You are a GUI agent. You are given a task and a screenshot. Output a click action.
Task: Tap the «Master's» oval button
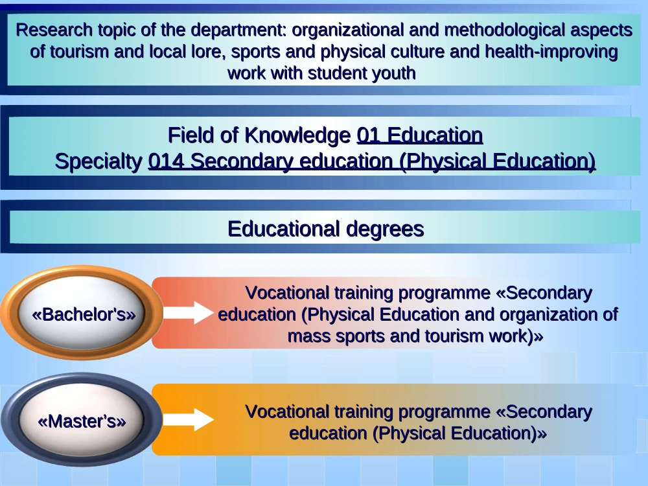click(x=82, y=420)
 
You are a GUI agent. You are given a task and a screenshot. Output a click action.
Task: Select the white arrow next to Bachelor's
click(x=189, y=312)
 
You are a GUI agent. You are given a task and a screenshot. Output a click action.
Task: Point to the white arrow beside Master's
click(x=189, y=419)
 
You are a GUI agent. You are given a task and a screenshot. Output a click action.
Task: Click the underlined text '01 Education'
click(x=420, y=135)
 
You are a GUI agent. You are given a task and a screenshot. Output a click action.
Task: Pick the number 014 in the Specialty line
click(x=166, y=161)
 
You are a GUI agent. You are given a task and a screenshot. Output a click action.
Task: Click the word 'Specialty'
click(x=98, y=161)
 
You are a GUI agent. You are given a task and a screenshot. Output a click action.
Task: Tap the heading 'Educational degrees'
click(x=326, y=229)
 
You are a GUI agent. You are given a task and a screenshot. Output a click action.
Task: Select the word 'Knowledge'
click(x=297, y=135)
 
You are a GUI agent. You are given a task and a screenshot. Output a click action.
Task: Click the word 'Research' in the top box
click(x=54, y=30)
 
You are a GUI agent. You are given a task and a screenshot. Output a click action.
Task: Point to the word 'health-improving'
click(x=551, y=52)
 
